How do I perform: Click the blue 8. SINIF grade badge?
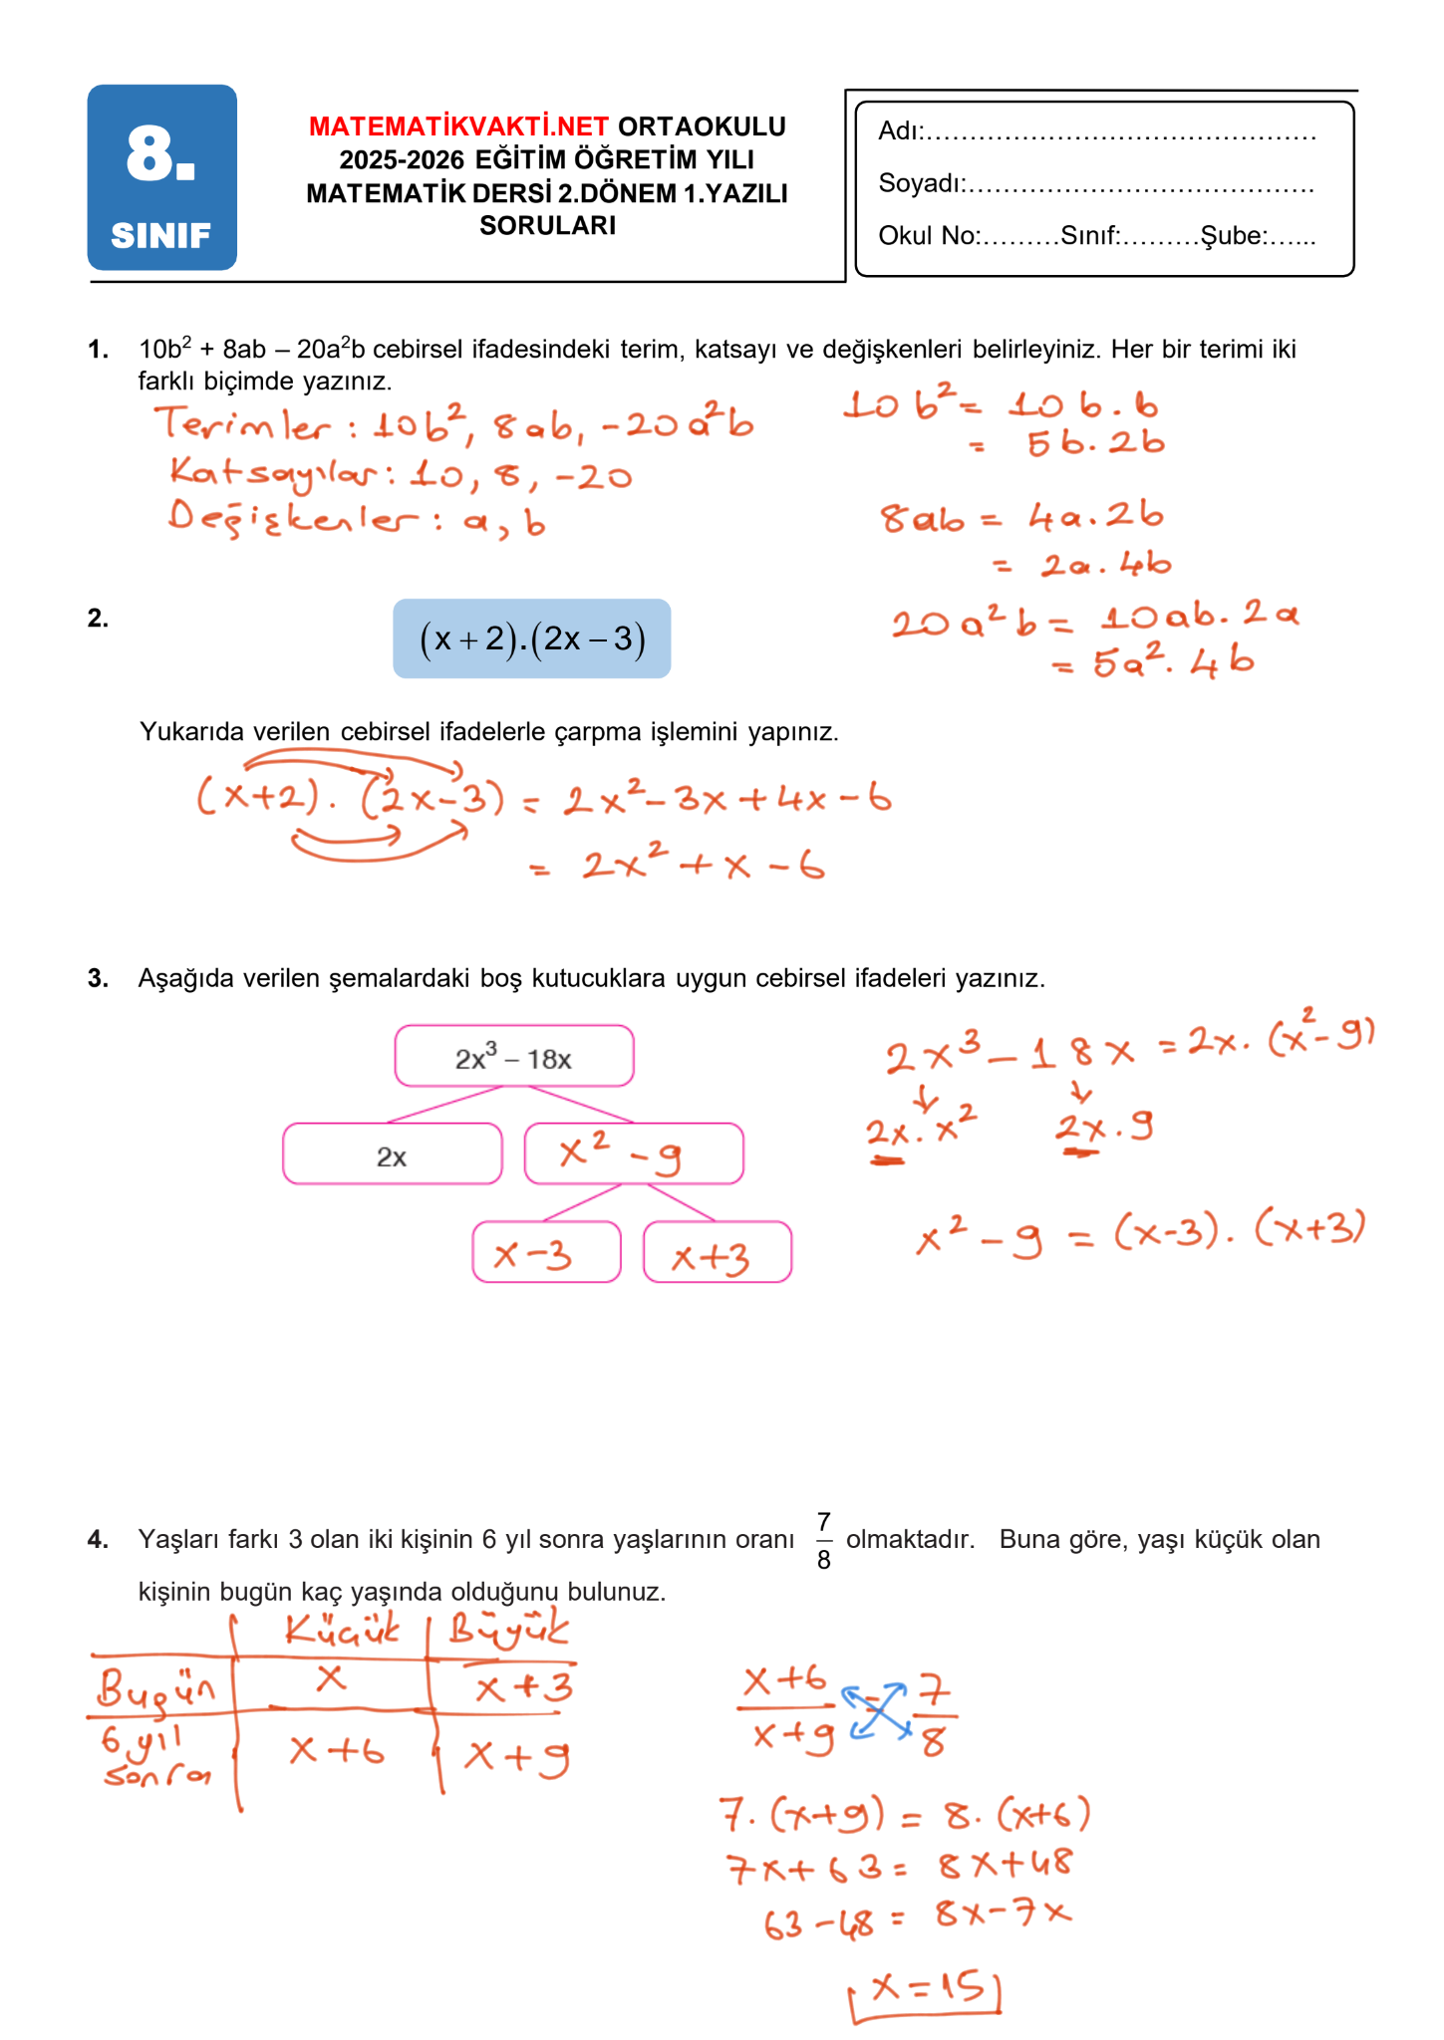(161, 177)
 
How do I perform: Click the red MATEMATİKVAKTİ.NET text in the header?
(458, 127)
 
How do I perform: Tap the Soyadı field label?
(920, 183)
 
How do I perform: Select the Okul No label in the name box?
(928, 236)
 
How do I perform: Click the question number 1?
(98, 350)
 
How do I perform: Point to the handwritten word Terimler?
(242, 425)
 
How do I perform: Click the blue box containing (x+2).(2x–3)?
(531, 638)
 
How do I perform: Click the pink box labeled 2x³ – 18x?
(513, 1056)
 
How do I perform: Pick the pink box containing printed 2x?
(392, 1154)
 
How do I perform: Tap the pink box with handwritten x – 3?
(546, 1253)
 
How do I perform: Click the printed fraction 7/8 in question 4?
(823, 1540)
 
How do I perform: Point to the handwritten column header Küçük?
(341, 1630)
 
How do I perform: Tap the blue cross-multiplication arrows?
(877, 1710)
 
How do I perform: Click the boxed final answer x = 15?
(926, 1991)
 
